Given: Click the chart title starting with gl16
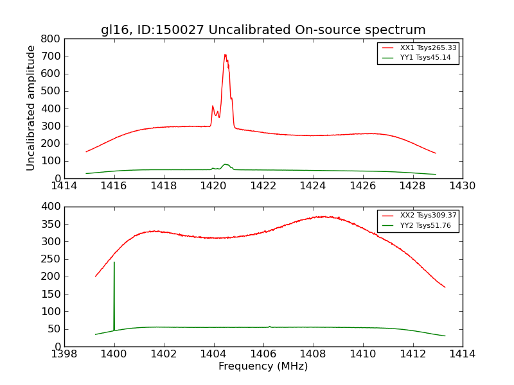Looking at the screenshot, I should pyautogui.click(x=263, y=30).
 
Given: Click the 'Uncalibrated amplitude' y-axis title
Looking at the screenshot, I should pyautogui.click(x=31, y=108).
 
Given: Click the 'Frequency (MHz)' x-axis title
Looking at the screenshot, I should pyautogui.click(x=263, y=366).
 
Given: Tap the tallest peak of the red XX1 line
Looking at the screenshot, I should pyautogui.click(x=225, y=55).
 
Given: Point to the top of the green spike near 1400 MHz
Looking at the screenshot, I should pyautogui.click(x=114, y=262).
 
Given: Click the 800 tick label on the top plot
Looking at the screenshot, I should pyautogui.click(x=51, y=38).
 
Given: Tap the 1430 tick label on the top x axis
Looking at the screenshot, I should pyautogui.click(x=462, y=186).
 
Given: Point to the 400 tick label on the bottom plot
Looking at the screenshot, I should pyautogui.click(x=51, y=207).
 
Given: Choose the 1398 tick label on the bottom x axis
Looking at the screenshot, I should pyautogui.click(x=64, y=354).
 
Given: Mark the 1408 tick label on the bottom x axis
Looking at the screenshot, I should pyautogui.click(x=313, y=354).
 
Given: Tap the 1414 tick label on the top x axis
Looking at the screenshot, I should pyautogui.click(x=64, y=186).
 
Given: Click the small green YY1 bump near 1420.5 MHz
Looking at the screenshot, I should pyautogui.click(x=226, y=164).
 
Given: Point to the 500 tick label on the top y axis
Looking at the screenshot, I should pyautogui.click(x=51, y=91).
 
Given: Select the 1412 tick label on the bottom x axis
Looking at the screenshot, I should pyautogui.click(x=412, y=354).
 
